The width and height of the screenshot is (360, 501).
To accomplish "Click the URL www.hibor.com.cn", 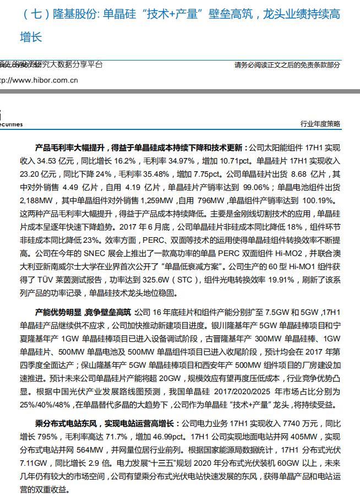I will coord(41,80).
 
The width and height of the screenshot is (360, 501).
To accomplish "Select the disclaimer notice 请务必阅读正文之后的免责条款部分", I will coord(287,65).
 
